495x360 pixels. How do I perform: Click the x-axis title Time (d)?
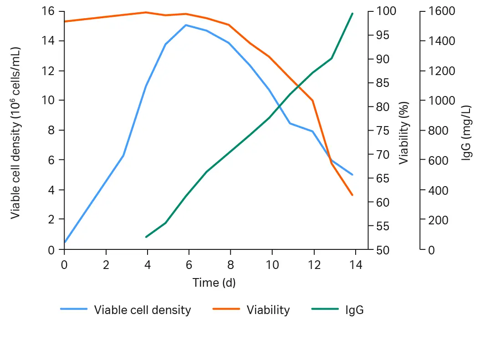click(x=214, y=283)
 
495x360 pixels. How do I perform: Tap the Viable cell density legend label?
click(x=143, y=310)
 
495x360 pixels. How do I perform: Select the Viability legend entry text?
click(x=268, y=310)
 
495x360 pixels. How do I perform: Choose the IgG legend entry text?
click(x=355, y=310)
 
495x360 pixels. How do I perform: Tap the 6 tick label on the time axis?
click(x=189, y=265)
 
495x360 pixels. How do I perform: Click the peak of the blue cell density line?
click(x=186, y=25)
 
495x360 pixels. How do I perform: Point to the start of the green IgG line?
click(x=146, y=237)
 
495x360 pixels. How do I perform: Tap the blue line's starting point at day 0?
click(x=65, y=243)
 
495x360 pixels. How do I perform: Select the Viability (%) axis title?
click(x=404, y=132)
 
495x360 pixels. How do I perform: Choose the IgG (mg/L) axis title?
click(x=467, y=132)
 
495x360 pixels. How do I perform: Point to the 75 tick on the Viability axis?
click(x=382, y=131)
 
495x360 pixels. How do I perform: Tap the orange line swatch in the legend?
click(x=226, y=309)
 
